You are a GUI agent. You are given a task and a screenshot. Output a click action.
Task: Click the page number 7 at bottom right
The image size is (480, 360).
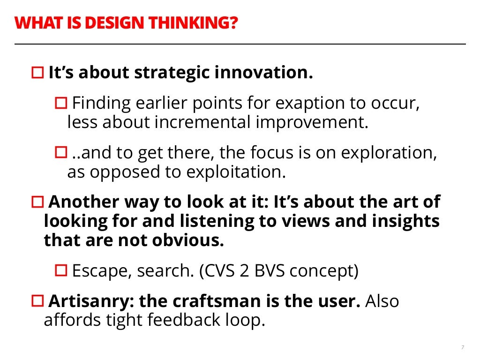[x=463, y=347]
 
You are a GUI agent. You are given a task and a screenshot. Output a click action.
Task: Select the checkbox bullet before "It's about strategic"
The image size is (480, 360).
[x=37, y=73]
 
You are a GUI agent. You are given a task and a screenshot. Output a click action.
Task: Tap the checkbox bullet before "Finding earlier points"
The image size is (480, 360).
[x=61, y=103]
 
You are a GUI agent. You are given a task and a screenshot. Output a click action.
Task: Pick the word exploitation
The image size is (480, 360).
[x=236, y=172]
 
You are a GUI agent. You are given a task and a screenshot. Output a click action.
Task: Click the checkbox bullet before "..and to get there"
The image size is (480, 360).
[x=61, y=152]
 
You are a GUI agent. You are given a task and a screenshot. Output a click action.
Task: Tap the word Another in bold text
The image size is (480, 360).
[x=83, y=202]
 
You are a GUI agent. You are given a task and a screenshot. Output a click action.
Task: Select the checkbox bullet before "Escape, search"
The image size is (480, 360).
[x=61, y=270]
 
